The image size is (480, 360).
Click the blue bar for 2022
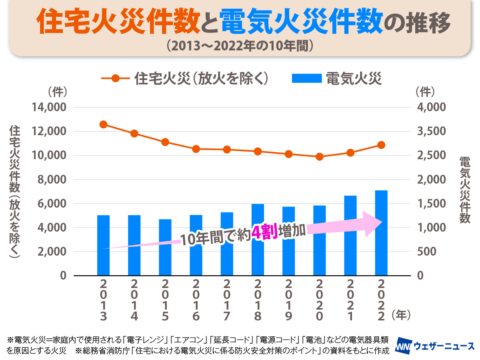pos(381,233)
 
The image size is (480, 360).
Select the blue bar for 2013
pos(104,245)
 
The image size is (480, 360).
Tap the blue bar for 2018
pos(258,240)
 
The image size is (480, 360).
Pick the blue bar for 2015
pos(165,247)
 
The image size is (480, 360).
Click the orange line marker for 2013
pos(104,124)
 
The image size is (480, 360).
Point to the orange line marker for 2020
pos(319,157)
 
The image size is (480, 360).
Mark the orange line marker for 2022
pos(381,145)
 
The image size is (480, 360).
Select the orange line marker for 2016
pos(196,149)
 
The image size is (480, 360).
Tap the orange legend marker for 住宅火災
pos(116,78)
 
